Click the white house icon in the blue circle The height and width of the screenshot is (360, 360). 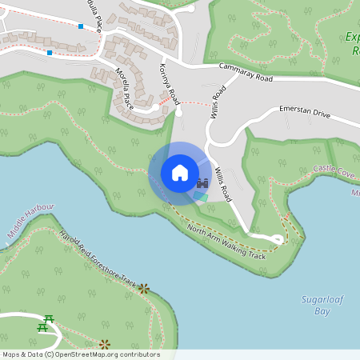[x=179, y=173]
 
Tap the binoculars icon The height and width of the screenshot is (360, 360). [x=202, y=183]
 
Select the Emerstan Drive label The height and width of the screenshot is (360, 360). [x=304, y=111]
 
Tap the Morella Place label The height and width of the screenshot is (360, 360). [x=124, y=89]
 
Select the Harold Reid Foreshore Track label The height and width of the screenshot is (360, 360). [x=98, y=258]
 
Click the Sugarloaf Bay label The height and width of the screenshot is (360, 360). [x=316, y=305]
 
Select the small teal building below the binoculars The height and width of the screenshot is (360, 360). [x=200, y=196]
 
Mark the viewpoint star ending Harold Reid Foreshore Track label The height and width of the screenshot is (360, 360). [x=144, y=288]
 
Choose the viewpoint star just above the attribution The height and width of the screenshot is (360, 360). [x=104, y=344]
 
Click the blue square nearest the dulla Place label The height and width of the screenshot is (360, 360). [x=81, y=26]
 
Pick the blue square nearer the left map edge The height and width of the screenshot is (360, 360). [x=50, y=53]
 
